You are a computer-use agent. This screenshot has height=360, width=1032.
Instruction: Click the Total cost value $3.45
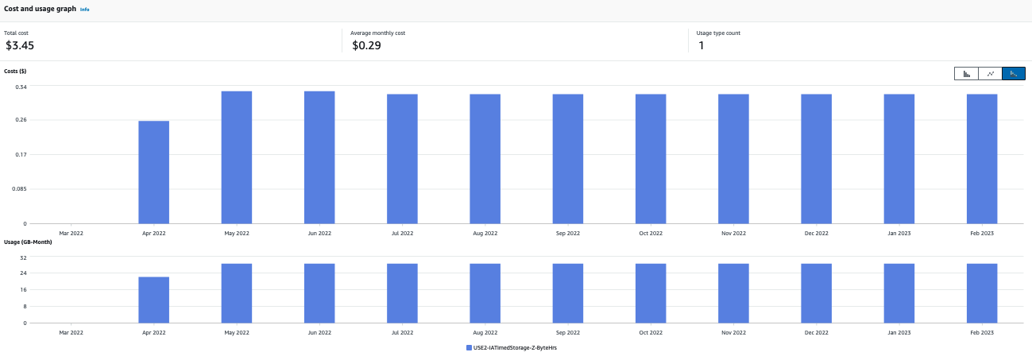click(20, 46)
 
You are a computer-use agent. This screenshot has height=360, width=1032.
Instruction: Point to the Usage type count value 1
click(701, 46)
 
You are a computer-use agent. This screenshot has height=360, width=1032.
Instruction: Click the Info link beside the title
click(85, 10)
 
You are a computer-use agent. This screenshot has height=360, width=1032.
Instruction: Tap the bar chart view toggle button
click(966, 74)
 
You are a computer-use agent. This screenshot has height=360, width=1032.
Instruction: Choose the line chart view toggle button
click(990, 74)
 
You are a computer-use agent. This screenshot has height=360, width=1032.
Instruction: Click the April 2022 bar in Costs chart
click(153, 172)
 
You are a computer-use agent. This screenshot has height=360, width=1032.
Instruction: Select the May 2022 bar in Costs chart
click(237, 157)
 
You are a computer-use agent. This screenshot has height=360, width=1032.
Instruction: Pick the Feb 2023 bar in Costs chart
click(982, 159)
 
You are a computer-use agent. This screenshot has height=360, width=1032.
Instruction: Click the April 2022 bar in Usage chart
click(153, 300)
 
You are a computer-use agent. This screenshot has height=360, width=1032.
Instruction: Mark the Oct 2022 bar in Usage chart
click(651, 293)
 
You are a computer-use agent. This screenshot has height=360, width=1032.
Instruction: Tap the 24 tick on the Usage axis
click(23, 273)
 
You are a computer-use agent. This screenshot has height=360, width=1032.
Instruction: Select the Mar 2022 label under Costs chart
click(71, 234)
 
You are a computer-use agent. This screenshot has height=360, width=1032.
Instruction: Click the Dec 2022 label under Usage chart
click(816, 333)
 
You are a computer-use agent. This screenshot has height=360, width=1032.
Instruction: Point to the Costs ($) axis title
click(16, 72)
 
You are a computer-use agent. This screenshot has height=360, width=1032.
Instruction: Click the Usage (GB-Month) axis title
click(28, 242)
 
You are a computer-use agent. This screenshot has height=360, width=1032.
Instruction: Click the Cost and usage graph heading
click(40, 9)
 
